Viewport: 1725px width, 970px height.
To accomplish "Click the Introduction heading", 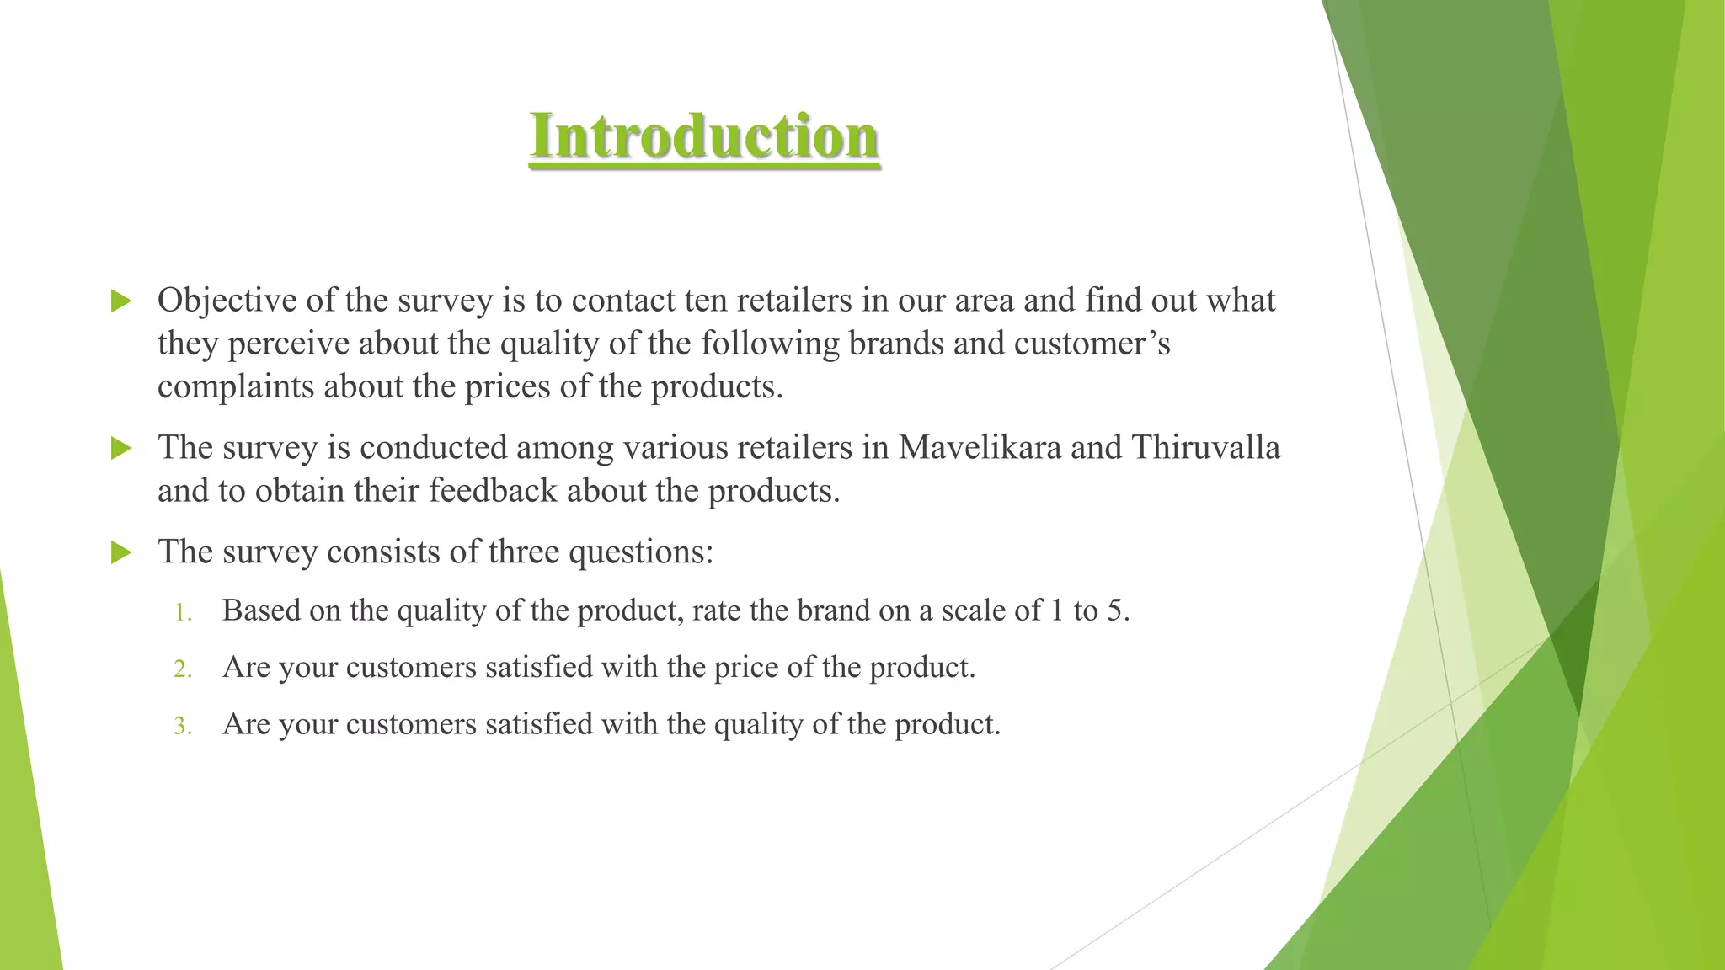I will tap(704, 136).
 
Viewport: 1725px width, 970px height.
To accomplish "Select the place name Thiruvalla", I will tap(1205, 447).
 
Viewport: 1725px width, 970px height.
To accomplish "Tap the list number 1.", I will tap(183, 612).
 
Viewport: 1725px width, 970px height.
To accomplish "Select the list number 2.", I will tap(183, 669).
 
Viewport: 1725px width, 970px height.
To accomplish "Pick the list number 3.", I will tap(183, 726).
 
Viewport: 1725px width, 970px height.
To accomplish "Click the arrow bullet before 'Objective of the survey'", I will tap(121, 301).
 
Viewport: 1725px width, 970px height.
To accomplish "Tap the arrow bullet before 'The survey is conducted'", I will tap(121, 448).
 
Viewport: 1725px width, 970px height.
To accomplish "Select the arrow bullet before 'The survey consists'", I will tap(121, 552).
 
